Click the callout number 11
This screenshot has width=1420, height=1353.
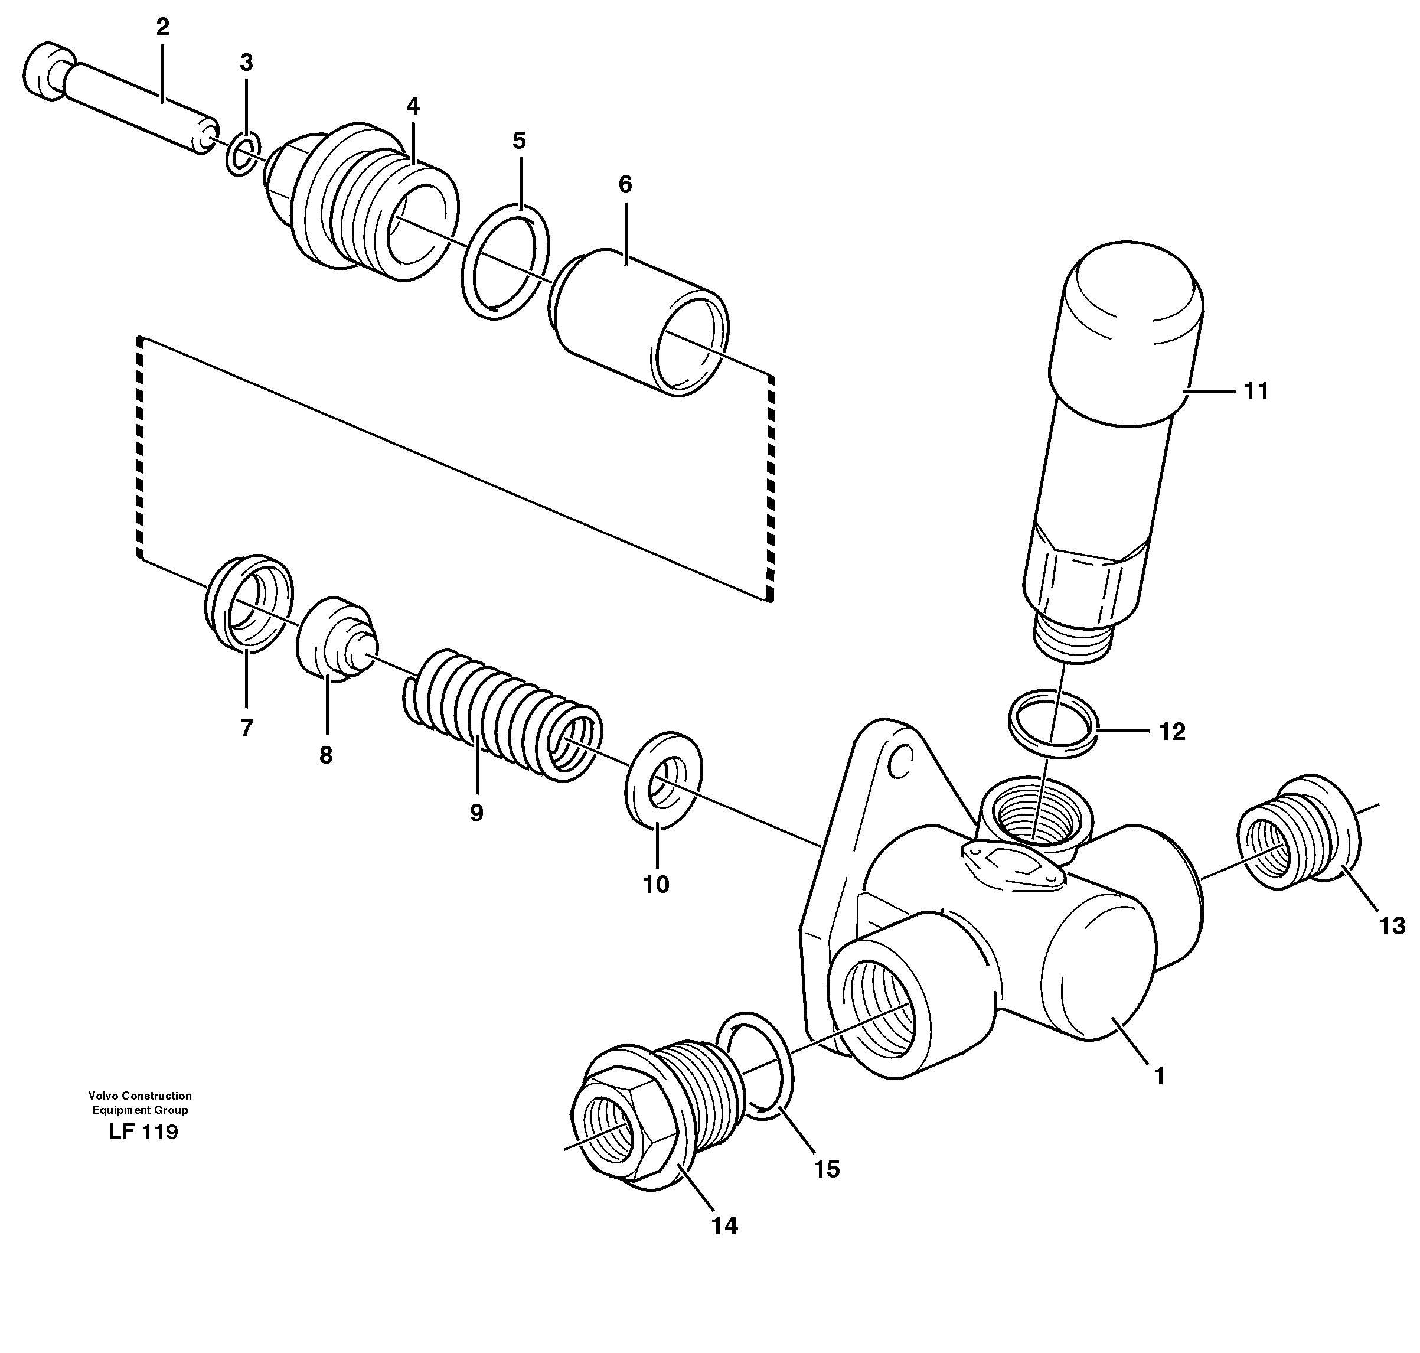click(x=1256, y=391)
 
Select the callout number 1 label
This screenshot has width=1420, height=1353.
click(x=1158, y=1076)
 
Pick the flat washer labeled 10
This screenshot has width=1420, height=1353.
click(x=662, y=780)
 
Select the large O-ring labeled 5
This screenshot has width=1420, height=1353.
click(x=505, y=263)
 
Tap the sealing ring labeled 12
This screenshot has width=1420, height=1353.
click(x=1053, y=723)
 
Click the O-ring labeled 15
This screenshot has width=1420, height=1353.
click(x=758, y=1067)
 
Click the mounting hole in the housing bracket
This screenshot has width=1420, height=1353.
click(x=900, y=764)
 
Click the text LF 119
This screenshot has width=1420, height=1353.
click(x=143, y=1132)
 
